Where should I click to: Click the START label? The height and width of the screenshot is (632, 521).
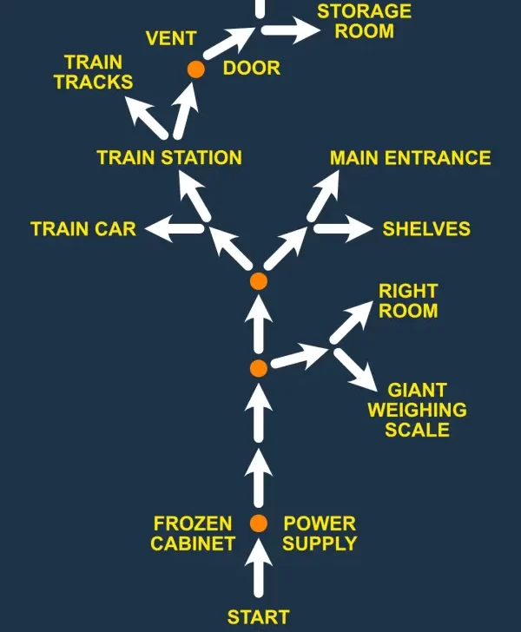coord(258,617)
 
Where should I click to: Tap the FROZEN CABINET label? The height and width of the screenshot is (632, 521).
coord(193,534)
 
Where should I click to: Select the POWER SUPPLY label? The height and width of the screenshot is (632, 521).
coord(320,534)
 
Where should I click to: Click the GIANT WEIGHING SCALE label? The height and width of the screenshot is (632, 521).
coord(417,410)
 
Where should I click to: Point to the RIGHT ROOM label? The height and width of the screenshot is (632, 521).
coord(408,300)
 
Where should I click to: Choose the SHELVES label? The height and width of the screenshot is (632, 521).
coord(426,229)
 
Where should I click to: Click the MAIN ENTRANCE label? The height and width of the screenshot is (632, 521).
coord(410,158)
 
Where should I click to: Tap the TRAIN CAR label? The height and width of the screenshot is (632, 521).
coord(83,229)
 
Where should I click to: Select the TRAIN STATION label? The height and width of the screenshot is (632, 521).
coord(169,158)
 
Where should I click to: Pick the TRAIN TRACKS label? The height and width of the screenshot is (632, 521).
coord(93,72)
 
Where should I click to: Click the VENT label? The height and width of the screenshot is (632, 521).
coord(171,39)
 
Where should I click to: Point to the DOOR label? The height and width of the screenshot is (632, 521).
coord(252,68)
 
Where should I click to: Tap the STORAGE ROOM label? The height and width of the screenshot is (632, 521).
coord(364,22)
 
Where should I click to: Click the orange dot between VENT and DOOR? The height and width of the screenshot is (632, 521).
coord(196,69)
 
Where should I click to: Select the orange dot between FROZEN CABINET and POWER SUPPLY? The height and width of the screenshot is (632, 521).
coord(258,523)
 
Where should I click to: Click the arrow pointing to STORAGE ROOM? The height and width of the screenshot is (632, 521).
coord(291,30)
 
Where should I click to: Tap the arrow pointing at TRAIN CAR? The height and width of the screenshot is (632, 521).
coord(174,229)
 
